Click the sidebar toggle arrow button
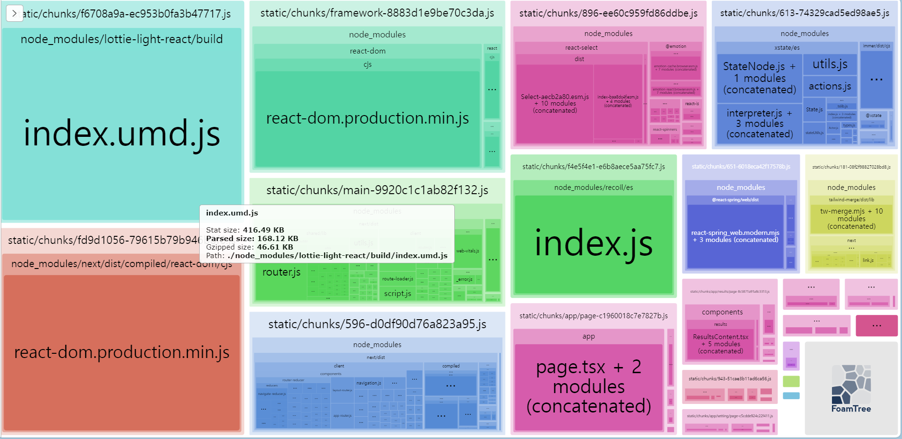pyautogui.click(x=14, y=13)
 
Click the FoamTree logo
pyautogui.click(x=851, y=388)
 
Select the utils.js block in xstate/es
pyautogui.click(x=830, y=64)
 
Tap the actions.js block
pyautogui.click(x=830, y=86)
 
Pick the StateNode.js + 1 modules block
pyautogui.click(x=759, y=78)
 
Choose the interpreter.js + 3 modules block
pyautogui.click(x=759, y=124)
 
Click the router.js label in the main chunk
pyautogui.click(x=281, y=272)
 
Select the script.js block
pyautogui.click(x=398, y=294)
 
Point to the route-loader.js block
pyautogui.click(x=398, y=279)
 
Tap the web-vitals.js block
pyautogui.click(x=468, y=251)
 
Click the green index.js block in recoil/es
pyautogui.click(x=593, y=244)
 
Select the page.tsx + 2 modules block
pyautogui.click(x=588, y=386)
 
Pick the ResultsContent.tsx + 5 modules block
pyautogui.click(x=720, y=344)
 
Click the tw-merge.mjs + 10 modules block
pyautogui.click(x=851, y=219)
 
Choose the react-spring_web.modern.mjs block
pyautogui.click(x=735, y=236)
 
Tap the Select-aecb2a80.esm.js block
pyautogui.click(x=555, y=104)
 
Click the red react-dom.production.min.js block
pyautogui.click(x=122, y=352)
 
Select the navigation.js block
pyautogui.click(x=369, y=383)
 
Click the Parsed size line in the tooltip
pyautogui.click(x=252, y=239)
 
